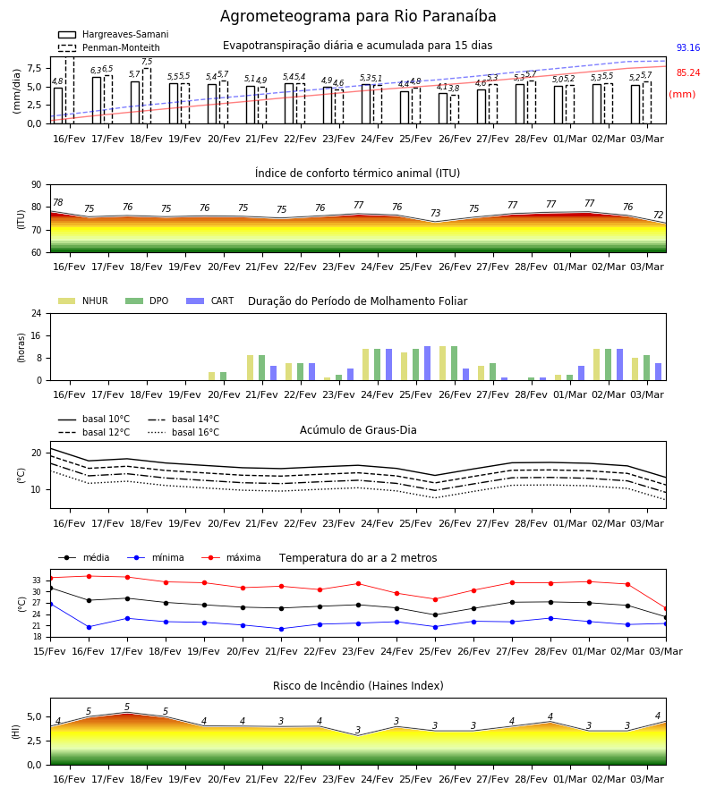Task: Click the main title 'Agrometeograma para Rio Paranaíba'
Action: point(358,16)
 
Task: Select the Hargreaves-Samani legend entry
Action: point(113,34)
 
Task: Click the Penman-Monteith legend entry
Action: point(109,47)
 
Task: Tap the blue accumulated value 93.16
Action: point(688,47)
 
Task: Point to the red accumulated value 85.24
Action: point(688,73)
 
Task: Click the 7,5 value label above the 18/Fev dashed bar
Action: point(147,62)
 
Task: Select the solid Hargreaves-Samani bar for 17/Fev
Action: point(97,100)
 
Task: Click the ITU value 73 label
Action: point(436,213)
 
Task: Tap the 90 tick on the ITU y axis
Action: point(37,185)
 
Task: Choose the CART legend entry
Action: point(210,301)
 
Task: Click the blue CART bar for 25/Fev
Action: point(427,363)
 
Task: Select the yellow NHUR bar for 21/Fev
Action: point(250,368)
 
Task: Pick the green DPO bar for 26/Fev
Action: point(454,363)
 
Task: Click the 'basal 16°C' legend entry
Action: point(183,432)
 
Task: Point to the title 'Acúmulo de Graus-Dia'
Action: point(358,429)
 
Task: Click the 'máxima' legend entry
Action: point(232,557)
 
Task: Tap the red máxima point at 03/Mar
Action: point(666,609)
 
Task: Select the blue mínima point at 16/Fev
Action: point(89,627)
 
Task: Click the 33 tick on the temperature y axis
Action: point(37,580)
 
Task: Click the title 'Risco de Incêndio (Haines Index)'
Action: point(358,686)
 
